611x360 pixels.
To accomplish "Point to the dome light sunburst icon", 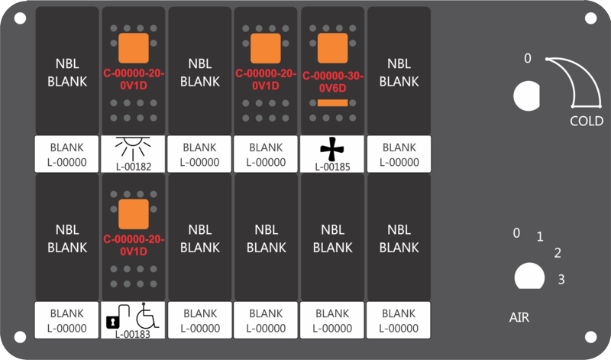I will [133, 148].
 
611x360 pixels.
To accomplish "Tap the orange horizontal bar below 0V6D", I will [332, 102].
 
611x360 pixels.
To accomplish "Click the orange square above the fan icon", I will [332, 49].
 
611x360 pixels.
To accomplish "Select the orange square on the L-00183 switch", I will [133, 215].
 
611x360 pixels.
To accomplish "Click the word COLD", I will [587, 122].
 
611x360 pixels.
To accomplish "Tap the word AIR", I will [519, 316].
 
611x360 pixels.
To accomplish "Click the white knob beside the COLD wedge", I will [526, 96].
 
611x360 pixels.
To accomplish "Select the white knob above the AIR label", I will [526, 277].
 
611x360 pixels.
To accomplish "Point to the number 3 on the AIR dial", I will [561, 280].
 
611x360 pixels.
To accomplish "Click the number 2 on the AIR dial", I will [558, 253].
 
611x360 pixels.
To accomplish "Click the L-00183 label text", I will [133, 333].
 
